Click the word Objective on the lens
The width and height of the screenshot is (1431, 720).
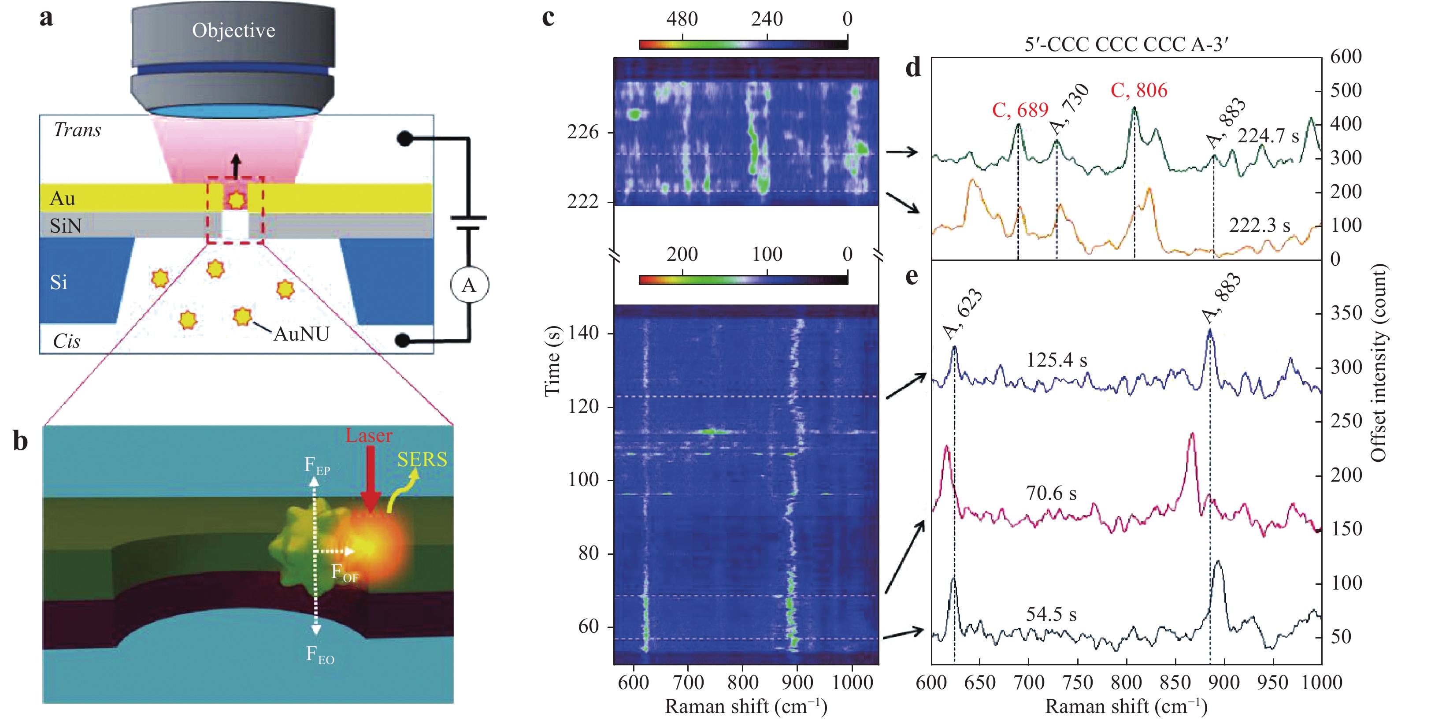point(234,30)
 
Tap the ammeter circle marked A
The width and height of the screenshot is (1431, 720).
point(469,286)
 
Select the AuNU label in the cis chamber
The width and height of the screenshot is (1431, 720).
point(302,334)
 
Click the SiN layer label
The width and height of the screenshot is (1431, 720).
point(66,226)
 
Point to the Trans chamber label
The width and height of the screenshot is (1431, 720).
point(77,130)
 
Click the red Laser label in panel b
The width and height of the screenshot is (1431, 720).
point(369,435)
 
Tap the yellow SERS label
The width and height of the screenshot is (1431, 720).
point(422,460)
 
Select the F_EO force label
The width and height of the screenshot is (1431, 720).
point(320,654)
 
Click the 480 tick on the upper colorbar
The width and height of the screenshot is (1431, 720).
point(682,20)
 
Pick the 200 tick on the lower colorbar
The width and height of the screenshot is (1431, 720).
point(682,254)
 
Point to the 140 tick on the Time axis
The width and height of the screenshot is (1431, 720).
point(583,333)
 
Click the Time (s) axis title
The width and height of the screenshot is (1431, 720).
point(552,361)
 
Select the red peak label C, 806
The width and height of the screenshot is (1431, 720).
point(1139,90)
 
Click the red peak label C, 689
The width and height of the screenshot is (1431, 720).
point(1020,110)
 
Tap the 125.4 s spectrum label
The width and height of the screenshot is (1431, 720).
point(1056,360)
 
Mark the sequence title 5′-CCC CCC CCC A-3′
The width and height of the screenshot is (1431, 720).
point(1126,45)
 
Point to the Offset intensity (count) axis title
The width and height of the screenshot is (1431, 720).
point(1378,362)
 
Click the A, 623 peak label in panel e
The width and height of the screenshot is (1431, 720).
point(963,314)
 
